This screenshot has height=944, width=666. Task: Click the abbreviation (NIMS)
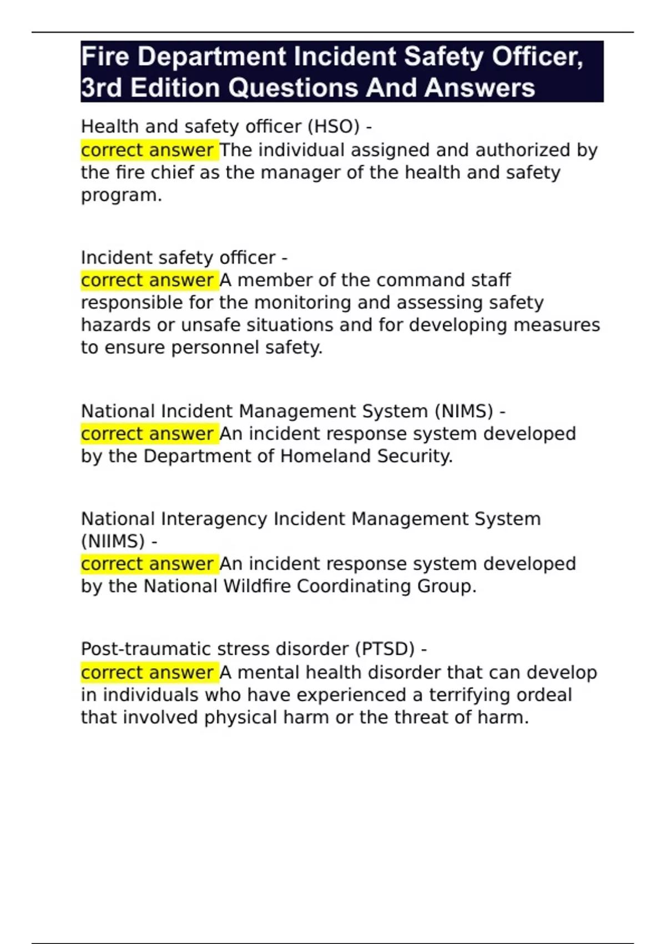point(464,411)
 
